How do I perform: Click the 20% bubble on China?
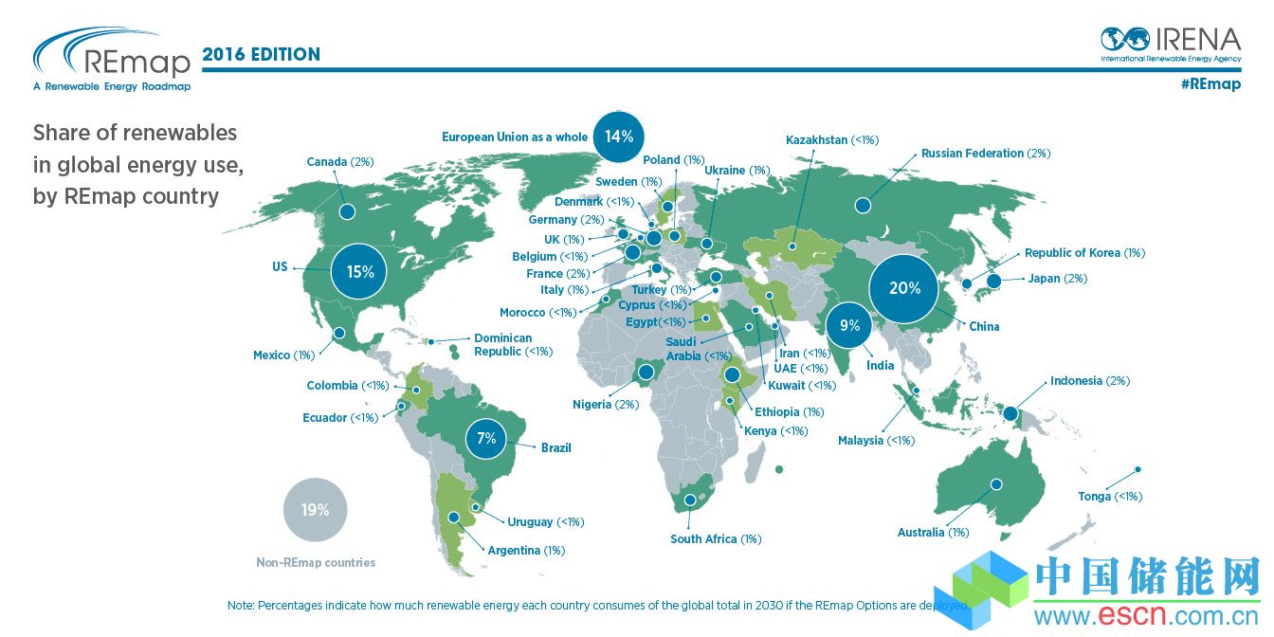pos(904,288)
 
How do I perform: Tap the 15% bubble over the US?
pos(360,272)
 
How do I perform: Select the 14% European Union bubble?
pos(619,136)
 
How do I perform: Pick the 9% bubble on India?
pos(849,326)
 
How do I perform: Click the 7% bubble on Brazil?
pos(487,439)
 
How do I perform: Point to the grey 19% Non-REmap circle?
pos(315,510)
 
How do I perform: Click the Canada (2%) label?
pos(340,162)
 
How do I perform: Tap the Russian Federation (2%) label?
pos(985,154)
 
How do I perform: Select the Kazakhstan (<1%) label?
pos(832,140)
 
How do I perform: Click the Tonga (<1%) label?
pos(1110,497)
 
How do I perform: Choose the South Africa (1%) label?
pos(716,539)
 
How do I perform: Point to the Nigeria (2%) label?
pos(606,405)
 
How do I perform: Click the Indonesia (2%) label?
pos(1089,381)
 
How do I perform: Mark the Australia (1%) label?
pos(933,533)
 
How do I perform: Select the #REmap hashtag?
pos(1210,84)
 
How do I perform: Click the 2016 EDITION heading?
pos(262,55)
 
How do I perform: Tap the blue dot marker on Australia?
pos(996,484)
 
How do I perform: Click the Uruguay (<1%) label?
pos(545,522)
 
